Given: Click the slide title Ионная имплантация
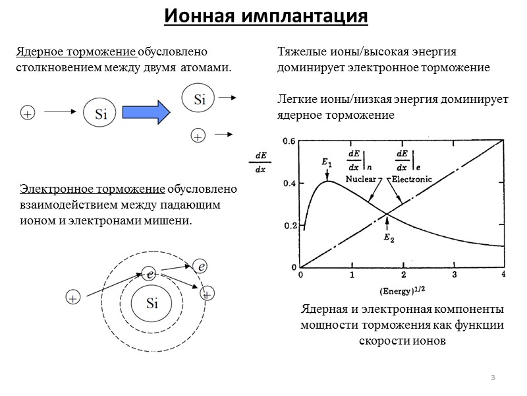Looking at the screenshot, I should click(265, 16).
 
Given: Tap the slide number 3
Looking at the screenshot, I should click(492, 377).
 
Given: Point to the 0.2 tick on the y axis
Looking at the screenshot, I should click(289, 226).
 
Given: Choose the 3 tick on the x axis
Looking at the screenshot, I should click(454, 275).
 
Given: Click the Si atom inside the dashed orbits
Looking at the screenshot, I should click(152, 304).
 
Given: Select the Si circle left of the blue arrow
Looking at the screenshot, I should click(100, 114).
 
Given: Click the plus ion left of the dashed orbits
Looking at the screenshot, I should click(72, 298).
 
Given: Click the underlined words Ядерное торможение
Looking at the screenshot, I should click(76, 51).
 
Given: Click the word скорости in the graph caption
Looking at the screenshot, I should click(383, 342).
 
